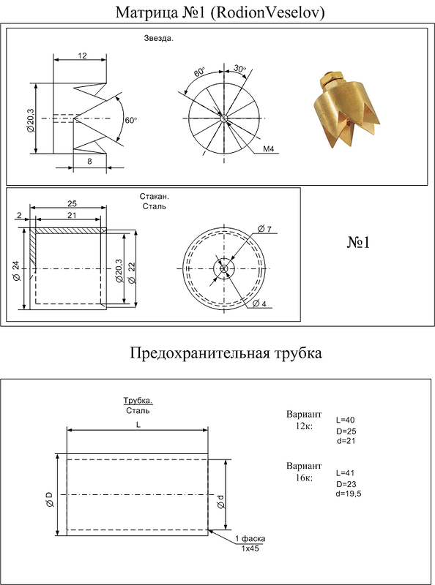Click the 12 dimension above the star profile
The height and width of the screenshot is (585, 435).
(82, 56)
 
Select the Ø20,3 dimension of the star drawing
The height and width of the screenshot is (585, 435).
(30, 121)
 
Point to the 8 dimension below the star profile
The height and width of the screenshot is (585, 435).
(89, 162)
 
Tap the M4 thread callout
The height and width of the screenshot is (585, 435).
(269, 149)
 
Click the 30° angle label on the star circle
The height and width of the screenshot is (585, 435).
(240, 68)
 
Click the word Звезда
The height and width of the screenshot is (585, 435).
(159, 38)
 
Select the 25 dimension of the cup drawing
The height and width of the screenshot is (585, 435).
(72, 203)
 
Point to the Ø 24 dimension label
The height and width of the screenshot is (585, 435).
(16, 271)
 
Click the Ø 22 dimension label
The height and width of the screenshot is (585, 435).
(132, 273)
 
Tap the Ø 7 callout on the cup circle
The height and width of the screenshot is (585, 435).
(264, 229)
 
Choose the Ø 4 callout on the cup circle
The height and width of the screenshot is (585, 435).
(259, 303)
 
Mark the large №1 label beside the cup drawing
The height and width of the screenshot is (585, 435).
(359, 243)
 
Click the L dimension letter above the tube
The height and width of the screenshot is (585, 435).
(138, 425)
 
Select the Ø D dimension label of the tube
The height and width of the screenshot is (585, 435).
(50, 499)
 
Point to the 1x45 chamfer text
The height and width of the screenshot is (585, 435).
(250, 548)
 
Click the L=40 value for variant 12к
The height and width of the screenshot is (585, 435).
(346, 420)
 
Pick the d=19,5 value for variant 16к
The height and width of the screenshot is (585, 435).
(349, 494)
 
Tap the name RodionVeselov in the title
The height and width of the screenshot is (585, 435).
(267, 12)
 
